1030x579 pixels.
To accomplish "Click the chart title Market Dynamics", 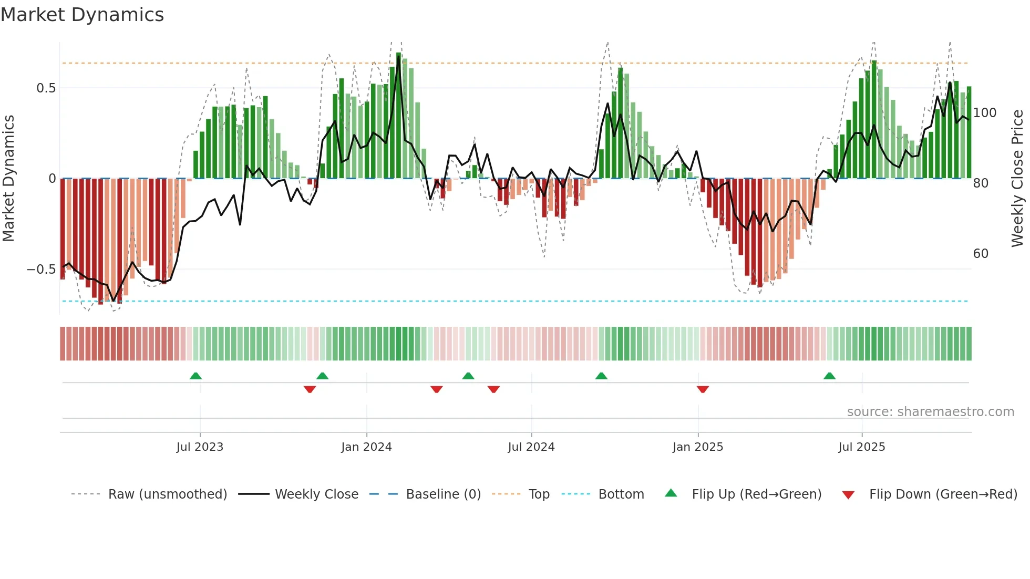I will coord(82,15).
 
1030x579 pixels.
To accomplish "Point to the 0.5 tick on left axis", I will coord(46,88).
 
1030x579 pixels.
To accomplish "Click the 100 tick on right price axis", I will coord(984,113).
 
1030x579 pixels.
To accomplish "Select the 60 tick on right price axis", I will coord(981,254).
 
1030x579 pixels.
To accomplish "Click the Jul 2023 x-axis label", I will coord(200,447).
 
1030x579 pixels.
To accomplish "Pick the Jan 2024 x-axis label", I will coord(366,447).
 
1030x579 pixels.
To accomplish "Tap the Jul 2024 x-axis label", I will coord(531,447).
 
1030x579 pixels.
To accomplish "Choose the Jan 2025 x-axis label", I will coord(697,447).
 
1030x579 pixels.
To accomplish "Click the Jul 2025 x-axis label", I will coord(861,447).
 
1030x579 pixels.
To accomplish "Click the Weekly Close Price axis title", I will coord(1017,179).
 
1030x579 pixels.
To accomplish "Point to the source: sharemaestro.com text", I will coord(930,412).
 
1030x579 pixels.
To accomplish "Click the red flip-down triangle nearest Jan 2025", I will coord(703,389).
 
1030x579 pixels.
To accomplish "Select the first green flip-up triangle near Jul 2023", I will coord(195,376).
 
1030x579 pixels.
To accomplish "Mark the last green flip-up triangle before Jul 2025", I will coord(829,376).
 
